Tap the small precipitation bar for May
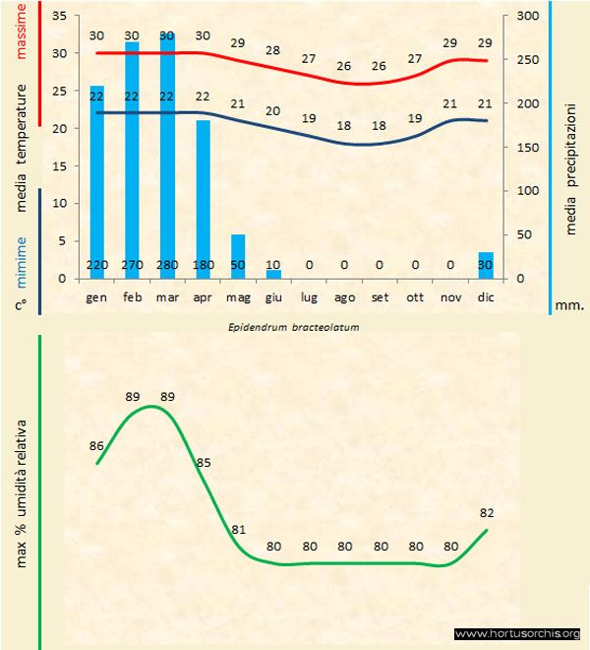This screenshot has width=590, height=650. [238, 251]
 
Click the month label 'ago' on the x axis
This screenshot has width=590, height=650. [344, 296]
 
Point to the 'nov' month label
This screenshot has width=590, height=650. [450, 296]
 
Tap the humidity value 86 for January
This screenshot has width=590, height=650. [96, 446]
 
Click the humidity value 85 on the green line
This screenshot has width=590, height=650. [204, 462]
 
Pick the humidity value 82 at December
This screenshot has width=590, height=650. [486, 513]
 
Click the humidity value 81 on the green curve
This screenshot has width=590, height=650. [238, 529]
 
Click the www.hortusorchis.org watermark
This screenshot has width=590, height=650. [518, 633]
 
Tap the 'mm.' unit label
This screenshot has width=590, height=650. [569, 305]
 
